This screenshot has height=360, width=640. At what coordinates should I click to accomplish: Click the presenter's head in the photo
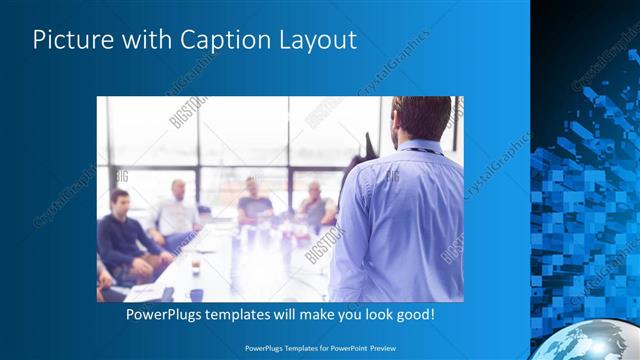(421, 117)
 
